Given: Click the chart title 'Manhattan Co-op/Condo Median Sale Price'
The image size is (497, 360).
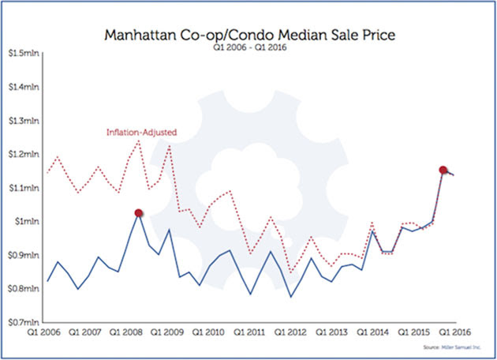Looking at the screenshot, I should pos(249,36).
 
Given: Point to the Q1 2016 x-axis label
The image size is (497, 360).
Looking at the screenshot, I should pos(454,333).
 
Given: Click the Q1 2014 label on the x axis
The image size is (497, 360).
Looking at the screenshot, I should pos(373,333).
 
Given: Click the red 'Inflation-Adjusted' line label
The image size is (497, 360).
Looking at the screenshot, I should pos(140,132).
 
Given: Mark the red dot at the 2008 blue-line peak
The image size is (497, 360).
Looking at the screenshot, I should pos(139,212).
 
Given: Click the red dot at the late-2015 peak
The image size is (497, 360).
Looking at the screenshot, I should pos(443,170).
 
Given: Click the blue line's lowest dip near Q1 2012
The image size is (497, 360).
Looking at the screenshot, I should pos(291,297).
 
